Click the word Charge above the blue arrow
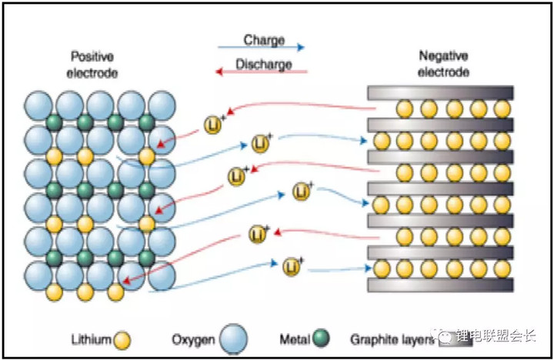[x=264, y=40]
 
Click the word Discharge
[x=264, y=64]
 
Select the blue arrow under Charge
[x=262, y=48]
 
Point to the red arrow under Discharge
[x=262, y=72]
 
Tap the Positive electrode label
[x=93, y=65]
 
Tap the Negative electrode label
[x=444, y=64]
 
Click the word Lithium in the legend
[x=92, y=338]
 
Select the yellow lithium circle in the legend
[x=122, y=339]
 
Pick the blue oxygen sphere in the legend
[x=233, y=338]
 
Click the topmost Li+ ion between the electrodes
[x=213, y=123]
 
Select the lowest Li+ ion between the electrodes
[x=290, y=267]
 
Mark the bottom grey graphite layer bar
[x=439, y=285]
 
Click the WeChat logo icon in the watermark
[x=446, y=336]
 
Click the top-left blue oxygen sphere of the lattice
[x=38, y=105]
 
